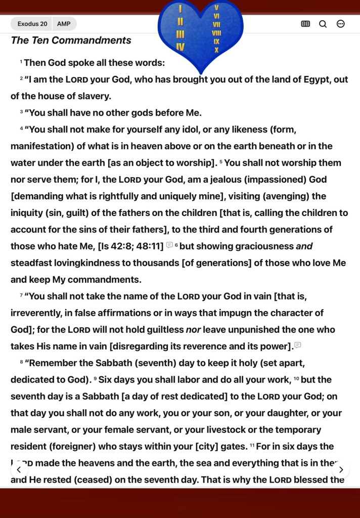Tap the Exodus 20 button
point(32,24)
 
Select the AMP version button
point(64,24)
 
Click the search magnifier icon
point(323,24)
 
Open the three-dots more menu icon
point(341,24)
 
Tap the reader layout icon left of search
point(305,24)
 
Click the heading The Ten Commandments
point(71,40)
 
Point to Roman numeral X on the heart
point(216,50)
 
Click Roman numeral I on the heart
point(181,9)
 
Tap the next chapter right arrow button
point(341,469)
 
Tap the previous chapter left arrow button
point(19,469)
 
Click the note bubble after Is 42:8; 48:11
point(169,245)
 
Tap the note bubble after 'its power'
point(298,345)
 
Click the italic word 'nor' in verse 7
point(194,330)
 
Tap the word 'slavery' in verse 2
point(93,96)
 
